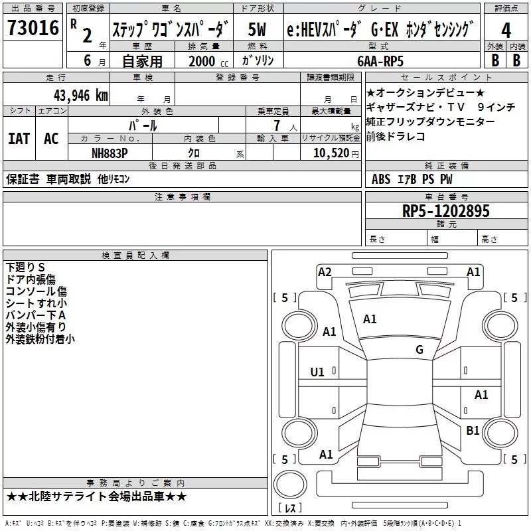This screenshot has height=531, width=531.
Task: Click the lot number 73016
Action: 32,29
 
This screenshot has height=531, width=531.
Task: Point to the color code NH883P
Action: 110,153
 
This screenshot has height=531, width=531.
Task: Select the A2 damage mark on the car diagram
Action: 325,271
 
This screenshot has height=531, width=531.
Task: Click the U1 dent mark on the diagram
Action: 318,372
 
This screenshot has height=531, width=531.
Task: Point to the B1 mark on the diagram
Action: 473,431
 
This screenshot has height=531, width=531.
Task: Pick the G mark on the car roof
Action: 419,350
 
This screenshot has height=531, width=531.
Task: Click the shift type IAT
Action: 19,139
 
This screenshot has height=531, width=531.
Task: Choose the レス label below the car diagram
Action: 290,508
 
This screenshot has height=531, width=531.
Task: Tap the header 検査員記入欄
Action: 135,255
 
